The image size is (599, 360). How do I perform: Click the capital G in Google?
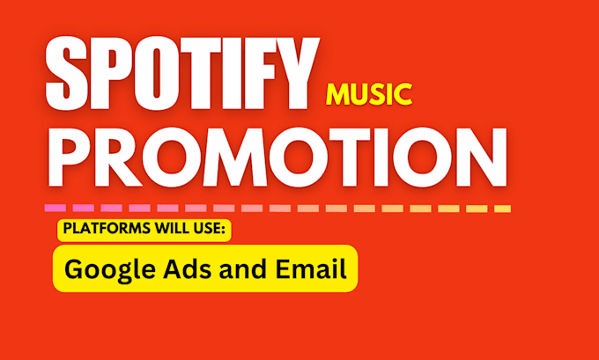pyautogui.click(x=73, y=268)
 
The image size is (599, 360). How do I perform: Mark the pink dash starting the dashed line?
pyautogui.click(x=54, y=209)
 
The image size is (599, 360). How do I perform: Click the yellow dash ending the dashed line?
pyautogui.click(x=502, y=209)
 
